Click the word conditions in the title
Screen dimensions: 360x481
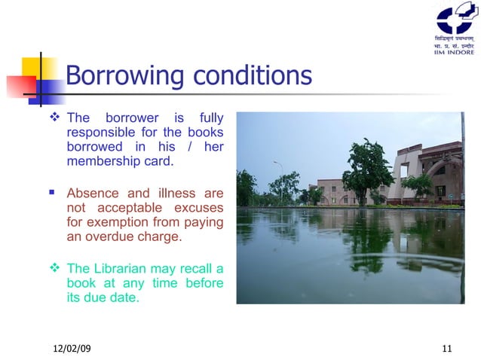coord(251,76)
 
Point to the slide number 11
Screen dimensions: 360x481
coord(447,347)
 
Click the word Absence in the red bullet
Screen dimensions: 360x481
coord(94,192)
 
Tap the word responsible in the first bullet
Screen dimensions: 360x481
coord(102,132)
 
